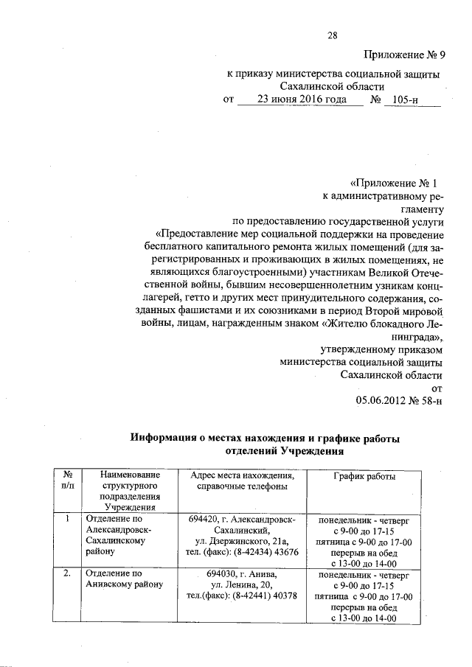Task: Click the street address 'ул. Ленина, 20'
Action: pos(242,584)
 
